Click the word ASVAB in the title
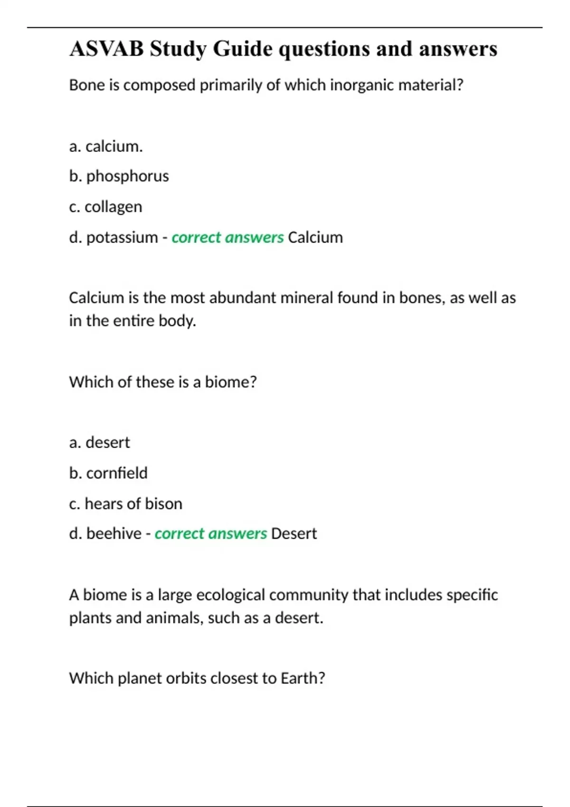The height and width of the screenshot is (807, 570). pyautogui.click(x=106, y=49)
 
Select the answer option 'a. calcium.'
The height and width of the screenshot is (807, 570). pyautogui.click(x=106, y=146)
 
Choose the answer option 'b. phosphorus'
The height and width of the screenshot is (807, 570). pyautogui.click(x=119, y=176)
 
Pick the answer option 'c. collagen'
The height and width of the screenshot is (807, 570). pyautogui.click(x=105, y=206)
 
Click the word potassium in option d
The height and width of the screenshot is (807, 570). pyautogui.click(x=122, y=237)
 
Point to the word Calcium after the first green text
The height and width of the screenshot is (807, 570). pyautogui.click(x=315, y=237)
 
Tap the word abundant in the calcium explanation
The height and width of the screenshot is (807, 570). pyautogui.click(x=243, y=298)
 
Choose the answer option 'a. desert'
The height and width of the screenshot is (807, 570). pyautogui.click(x=99, y=442)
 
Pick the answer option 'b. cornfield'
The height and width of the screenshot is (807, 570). pyautogui.click(x=108, y=473)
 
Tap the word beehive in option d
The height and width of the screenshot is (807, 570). pyautogui.click(x=114, y=534)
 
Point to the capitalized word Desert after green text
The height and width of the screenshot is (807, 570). pyautogui.click(x=294, y=534)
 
